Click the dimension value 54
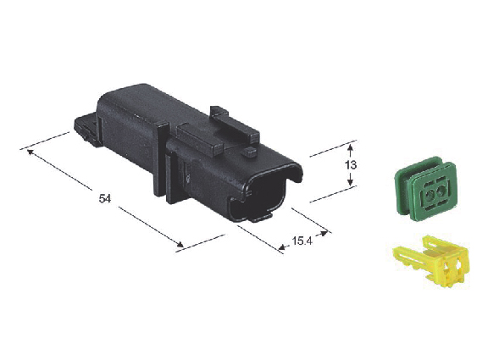pos(105,198)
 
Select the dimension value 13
pos(351,164)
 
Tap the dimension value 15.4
pos(302,241)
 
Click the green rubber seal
pos(426,189)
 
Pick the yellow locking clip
pos(433,260)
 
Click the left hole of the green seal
pos(430,195)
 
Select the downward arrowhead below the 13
pos(351,182)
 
